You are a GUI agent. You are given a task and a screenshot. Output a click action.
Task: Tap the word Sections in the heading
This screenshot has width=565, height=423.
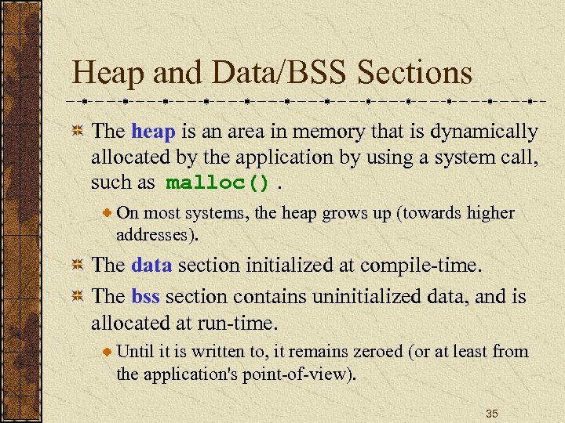click(x=414, y=74)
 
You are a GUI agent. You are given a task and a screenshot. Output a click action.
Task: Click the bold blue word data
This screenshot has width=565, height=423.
click(x=152, y=264)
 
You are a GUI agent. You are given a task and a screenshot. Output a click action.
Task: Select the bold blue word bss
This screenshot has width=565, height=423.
click(x=145, y=297)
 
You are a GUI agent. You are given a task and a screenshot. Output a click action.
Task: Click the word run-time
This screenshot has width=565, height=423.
click(x=239, y=322)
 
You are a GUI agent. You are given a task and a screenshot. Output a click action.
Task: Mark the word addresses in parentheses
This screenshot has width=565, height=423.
click(x=159, y=234)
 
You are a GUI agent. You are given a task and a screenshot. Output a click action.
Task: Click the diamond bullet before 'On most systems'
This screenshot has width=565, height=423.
click(x=108, y=213)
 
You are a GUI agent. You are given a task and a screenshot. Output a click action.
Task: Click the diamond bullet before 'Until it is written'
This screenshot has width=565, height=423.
click(x=108, y=352)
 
